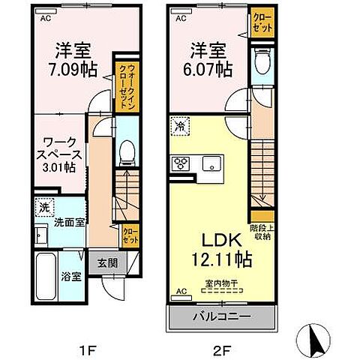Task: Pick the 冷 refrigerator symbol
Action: click(180, 128)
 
